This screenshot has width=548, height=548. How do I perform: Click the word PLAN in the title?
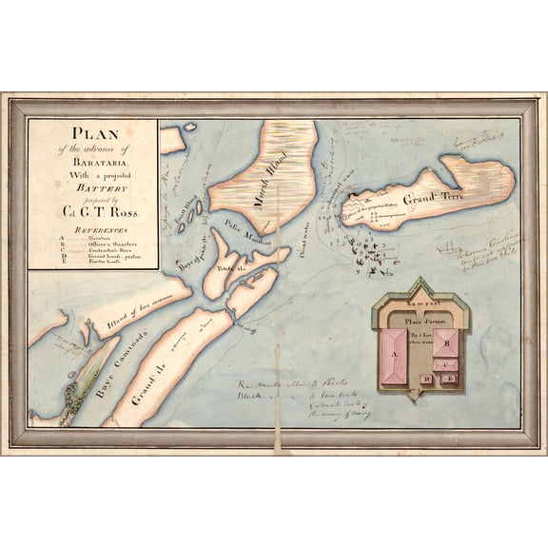coord(92,132)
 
